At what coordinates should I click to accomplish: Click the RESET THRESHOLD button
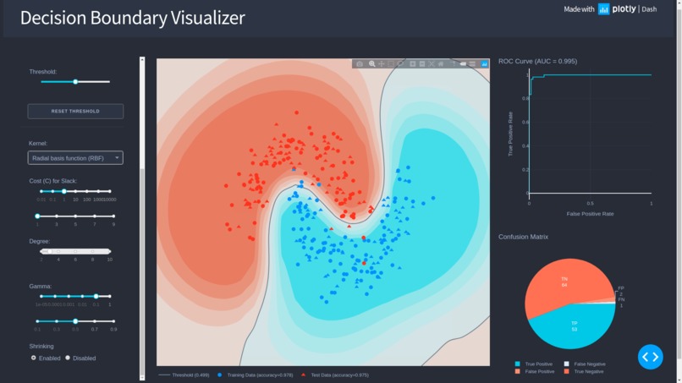[x=75, y=111]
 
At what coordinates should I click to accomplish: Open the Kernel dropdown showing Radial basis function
[x=75, y=158]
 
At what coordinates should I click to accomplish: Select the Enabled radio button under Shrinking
[x=34, y=358]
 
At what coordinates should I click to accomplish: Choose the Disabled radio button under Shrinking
[x=69, y=358]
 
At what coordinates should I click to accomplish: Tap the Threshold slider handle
[x=75, y=82]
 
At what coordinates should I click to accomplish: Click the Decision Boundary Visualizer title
[x=133, y=18]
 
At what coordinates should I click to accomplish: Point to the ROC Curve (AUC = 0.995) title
[x=537, y=62]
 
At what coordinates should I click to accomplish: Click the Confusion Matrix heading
[x=523, y=237]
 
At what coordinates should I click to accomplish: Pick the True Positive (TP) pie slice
[x=575, y=326]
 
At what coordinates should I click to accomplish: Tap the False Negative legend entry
[x=589, y=364]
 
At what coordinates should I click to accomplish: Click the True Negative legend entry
[x=589, y=371]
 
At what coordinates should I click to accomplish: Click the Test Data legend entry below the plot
[x=338, y=375]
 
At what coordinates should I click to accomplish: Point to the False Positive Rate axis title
[x=590, y=214]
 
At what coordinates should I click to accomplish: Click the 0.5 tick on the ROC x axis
[x=590, y=204]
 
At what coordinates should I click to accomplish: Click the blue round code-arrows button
[x=650, y=357]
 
